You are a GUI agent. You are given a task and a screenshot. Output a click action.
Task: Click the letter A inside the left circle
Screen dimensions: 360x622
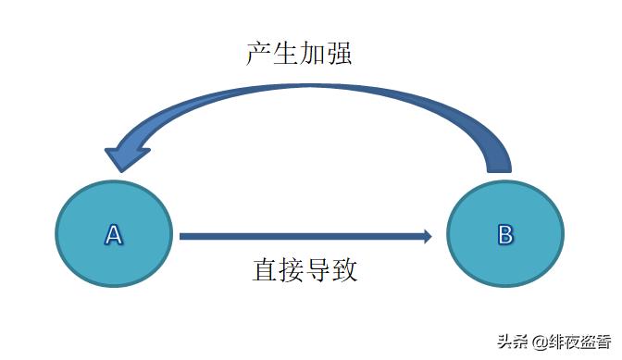coord(113,234)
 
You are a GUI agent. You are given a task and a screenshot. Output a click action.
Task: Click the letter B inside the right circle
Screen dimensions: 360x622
coord(505,234)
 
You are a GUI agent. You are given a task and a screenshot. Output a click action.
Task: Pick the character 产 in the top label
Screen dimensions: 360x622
coord(259,52)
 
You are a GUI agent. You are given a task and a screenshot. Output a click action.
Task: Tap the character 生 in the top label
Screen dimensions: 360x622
coord(286,52)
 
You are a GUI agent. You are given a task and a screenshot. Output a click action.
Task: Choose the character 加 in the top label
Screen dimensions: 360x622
coord(313,52)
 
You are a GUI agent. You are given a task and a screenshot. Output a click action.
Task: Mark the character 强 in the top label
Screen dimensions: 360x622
coord(340,52)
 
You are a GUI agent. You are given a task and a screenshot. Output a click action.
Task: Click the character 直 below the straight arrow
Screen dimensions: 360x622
coord(266,270)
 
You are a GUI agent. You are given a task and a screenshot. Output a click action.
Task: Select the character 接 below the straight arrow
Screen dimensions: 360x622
coord(292,270)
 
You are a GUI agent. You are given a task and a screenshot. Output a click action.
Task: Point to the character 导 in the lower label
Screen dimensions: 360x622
coord(319,270)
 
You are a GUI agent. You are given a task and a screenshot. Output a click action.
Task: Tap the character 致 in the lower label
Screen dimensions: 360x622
coord(345,270)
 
